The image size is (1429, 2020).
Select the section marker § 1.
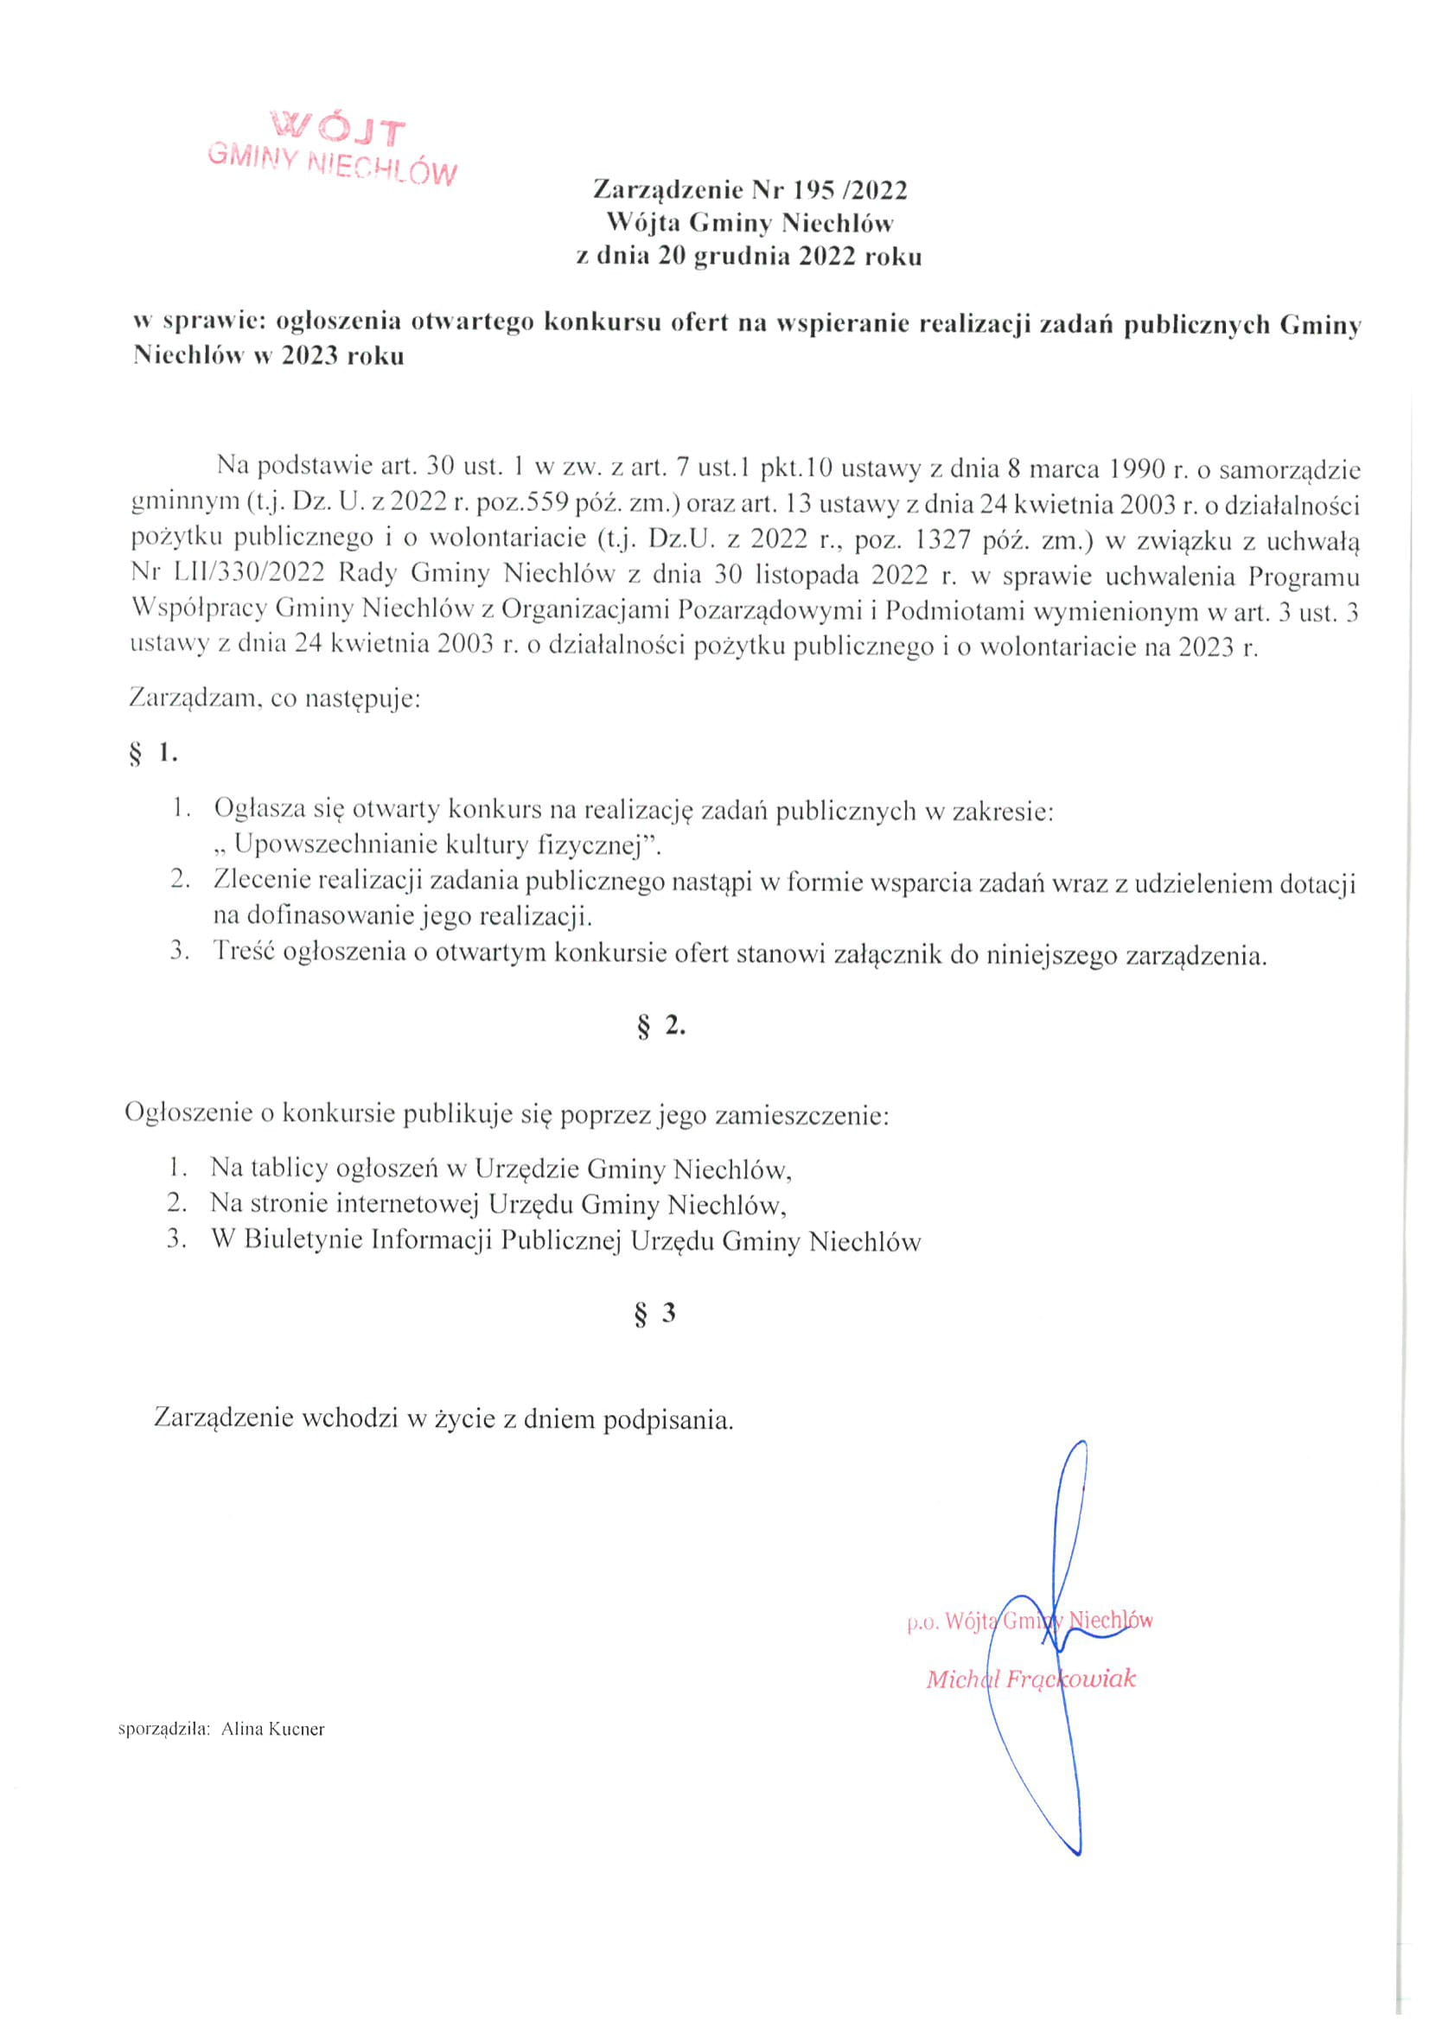[x=153, y=755]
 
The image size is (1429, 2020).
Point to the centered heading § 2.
[x=660, y=1026]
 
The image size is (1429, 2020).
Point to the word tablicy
[x=291, y=1169]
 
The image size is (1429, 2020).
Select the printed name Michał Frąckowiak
[x=1030, y=1679]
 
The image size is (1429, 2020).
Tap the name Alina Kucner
[x=273, y=1730]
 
